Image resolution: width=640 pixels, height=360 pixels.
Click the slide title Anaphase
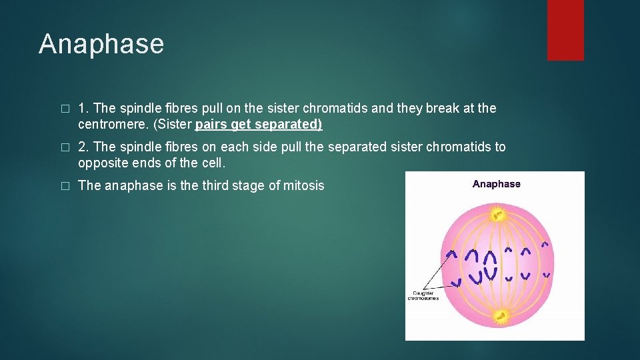coord(101,44)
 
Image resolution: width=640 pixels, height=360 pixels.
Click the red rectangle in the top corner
coord(565,30)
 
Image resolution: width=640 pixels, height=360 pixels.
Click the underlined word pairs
coord(211,125)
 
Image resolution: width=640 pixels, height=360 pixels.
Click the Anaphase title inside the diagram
coord(496,184)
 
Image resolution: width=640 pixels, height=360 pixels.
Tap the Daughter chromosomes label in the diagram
coord(423,295)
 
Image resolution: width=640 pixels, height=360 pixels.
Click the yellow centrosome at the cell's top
coord(497,214)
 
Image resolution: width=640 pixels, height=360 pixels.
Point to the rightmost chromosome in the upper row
coord(544,245)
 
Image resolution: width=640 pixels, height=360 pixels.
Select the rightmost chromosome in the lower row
coord(546,275)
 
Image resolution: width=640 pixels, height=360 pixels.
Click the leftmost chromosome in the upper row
coord(452,253)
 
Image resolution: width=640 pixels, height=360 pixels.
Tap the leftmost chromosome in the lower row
coord(456,283)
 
